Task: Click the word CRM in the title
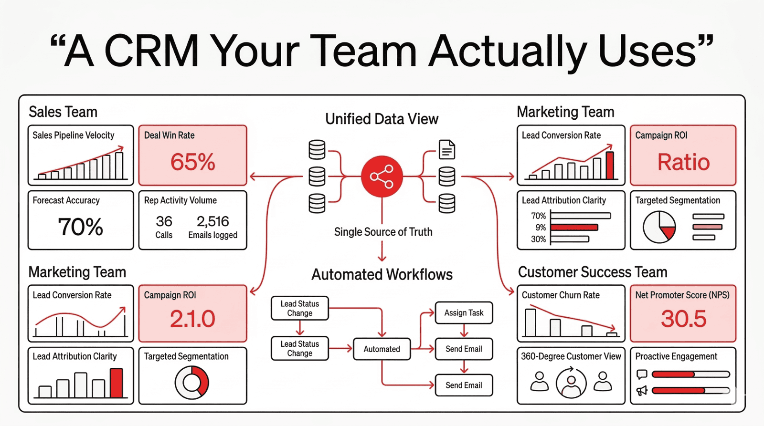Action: coord(151,51)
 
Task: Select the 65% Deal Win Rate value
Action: coord(193,162)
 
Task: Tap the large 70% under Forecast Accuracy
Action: coord(80,227)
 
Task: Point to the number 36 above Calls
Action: coord(164,221)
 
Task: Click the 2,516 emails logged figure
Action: coord(212,221)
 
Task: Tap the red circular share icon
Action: coord(382,177)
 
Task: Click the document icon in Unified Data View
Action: coord(447,150)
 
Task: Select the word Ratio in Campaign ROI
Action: coord(683,162)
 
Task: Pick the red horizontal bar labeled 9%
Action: coord(574,228)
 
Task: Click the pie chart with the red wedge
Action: coord(659,227)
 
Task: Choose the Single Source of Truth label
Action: coord(383,232)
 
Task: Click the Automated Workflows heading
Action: coord(382,275)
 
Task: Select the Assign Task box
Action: coord(464,313)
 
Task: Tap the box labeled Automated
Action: coord(382,349)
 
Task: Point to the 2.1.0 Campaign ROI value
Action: coord(192,319)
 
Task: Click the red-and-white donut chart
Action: coord(192,383)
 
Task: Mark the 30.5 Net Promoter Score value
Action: coord(683,319)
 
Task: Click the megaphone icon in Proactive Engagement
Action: coord(642,391)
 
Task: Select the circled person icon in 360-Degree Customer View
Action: coord(571,383)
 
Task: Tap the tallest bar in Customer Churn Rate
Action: coord(530,323)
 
